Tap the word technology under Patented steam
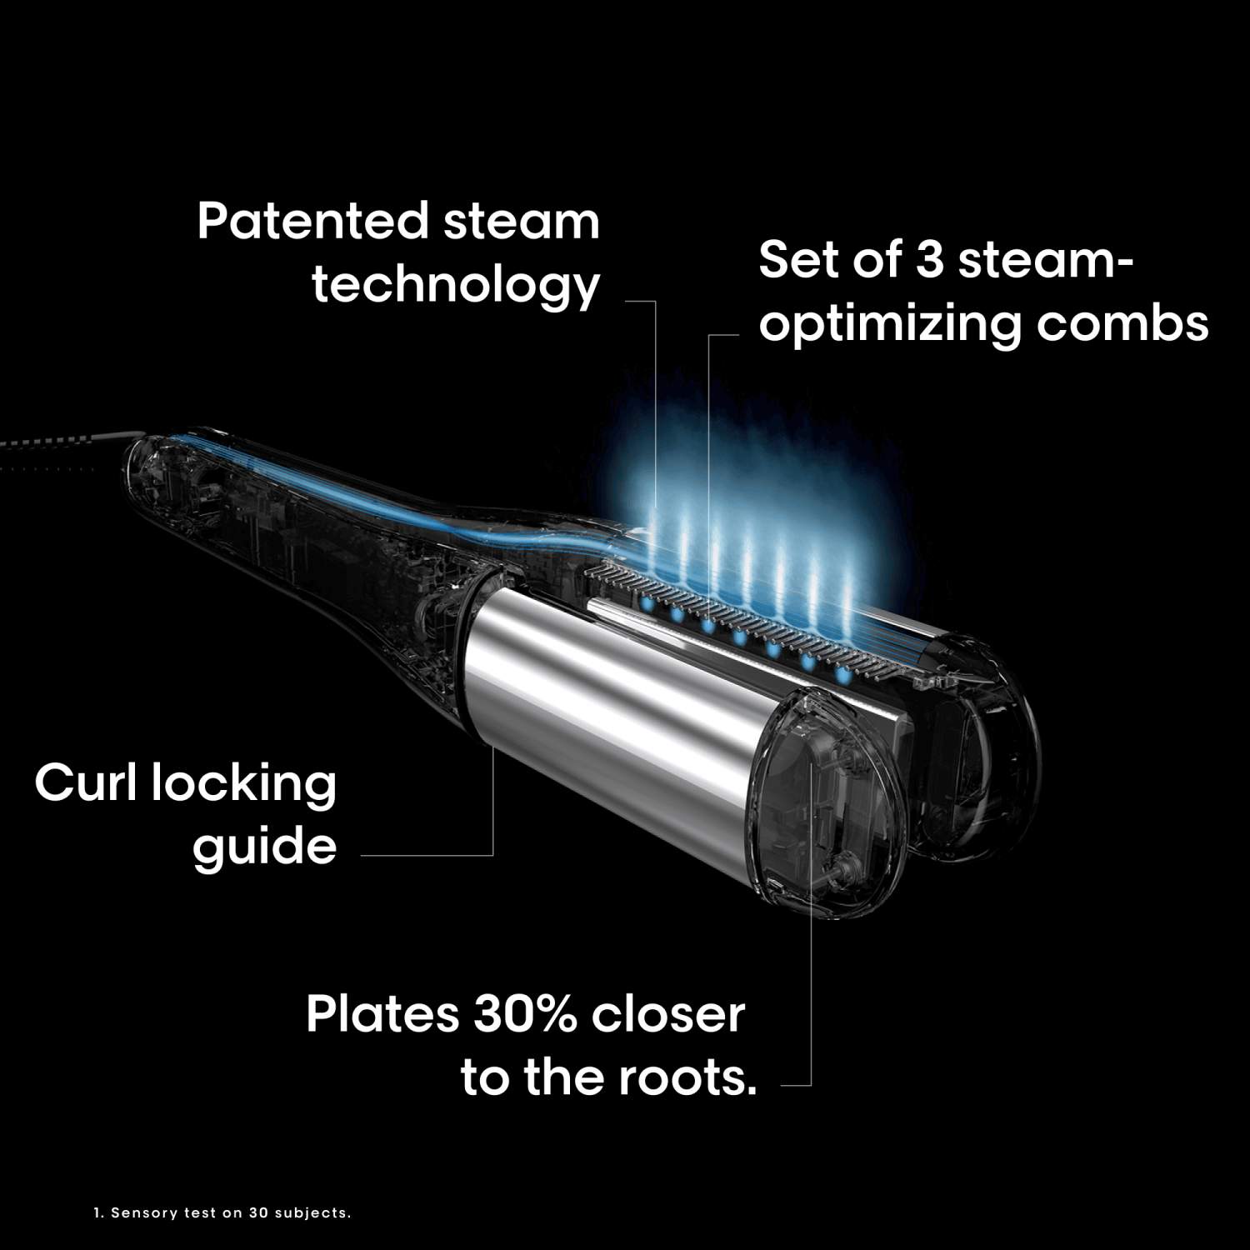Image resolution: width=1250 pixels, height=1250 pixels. click(456, 286)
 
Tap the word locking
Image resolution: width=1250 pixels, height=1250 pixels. click(244, 786)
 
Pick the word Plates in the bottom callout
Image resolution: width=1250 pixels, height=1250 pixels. click(382, 1014)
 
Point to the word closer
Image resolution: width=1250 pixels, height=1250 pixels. click(668, 1014)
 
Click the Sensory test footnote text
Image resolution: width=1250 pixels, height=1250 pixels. click(222, 1212)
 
